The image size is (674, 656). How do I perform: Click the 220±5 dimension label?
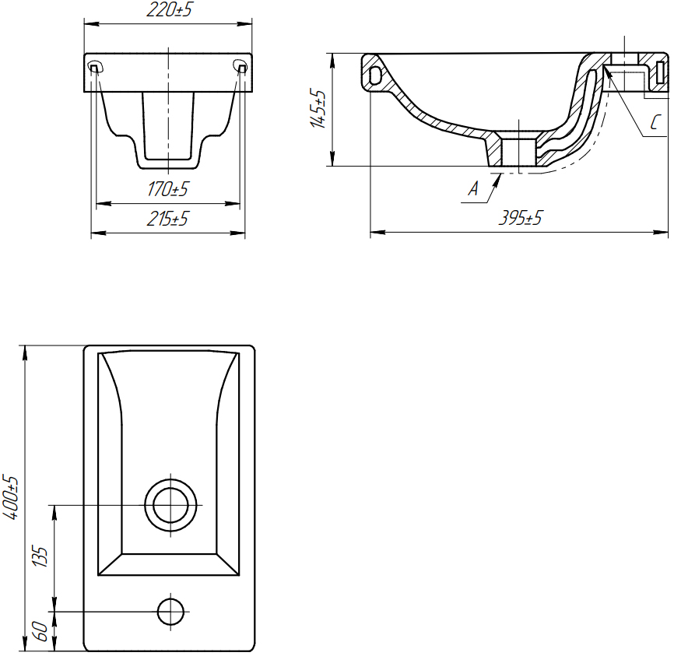pos(168,9)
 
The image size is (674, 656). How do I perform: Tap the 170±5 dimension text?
pos(167,189)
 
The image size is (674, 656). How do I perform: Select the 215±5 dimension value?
pos(167,219)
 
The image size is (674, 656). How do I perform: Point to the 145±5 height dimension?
pos(318,108)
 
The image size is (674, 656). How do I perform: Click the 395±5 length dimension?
pos(521,218)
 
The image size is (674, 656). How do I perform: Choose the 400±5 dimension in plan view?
pos(11,497)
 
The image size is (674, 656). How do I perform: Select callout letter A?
pos(473,188)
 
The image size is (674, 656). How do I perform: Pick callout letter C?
pos(655,122)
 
